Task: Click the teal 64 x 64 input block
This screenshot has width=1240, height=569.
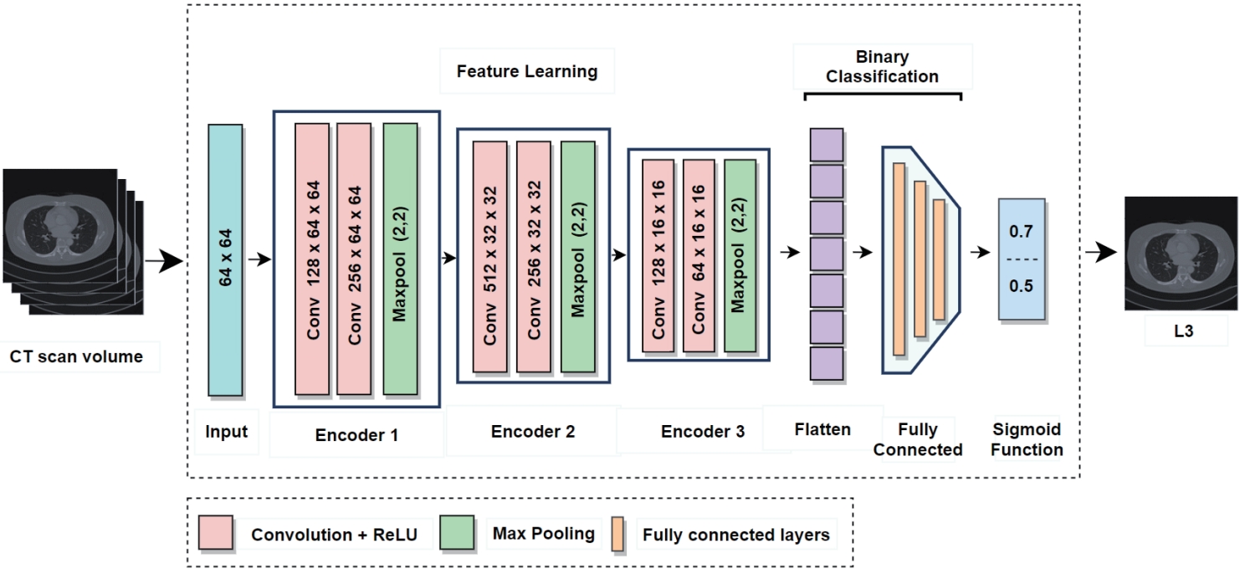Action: [x=225, y=260]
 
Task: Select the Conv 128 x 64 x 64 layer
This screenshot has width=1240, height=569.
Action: [x=313, y=259]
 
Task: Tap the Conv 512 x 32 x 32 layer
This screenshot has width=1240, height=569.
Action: [x=489, y=256]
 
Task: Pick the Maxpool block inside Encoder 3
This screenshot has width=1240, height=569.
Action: [x=740, y=254]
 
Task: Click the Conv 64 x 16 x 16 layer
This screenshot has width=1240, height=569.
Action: [x=699, y=254]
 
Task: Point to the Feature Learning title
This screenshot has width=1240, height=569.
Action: [x=527, y=71]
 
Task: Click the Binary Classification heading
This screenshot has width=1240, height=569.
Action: [x=882, y=67]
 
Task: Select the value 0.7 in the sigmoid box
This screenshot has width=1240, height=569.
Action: [x=1021, y=231]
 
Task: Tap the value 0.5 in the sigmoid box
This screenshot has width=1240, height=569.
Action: [x=1021, y=286]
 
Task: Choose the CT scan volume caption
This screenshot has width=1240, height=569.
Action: [x=76, y=357]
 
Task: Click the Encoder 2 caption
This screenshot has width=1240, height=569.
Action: [x=533, y=432]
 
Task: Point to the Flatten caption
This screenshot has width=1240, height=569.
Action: [x=822, y=430]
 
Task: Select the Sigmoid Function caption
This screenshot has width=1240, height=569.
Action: [x=1027, y=439]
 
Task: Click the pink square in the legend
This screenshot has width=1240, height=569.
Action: [x=216, y=532]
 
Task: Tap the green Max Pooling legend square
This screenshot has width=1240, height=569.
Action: [x=457, y=532]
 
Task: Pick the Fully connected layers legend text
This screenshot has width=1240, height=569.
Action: [x=735, y=535]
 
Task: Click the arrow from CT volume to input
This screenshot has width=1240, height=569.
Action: [x=164, y=261]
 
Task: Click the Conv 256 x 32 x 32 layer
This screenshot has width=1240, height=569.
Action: [x=533, y=256]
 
